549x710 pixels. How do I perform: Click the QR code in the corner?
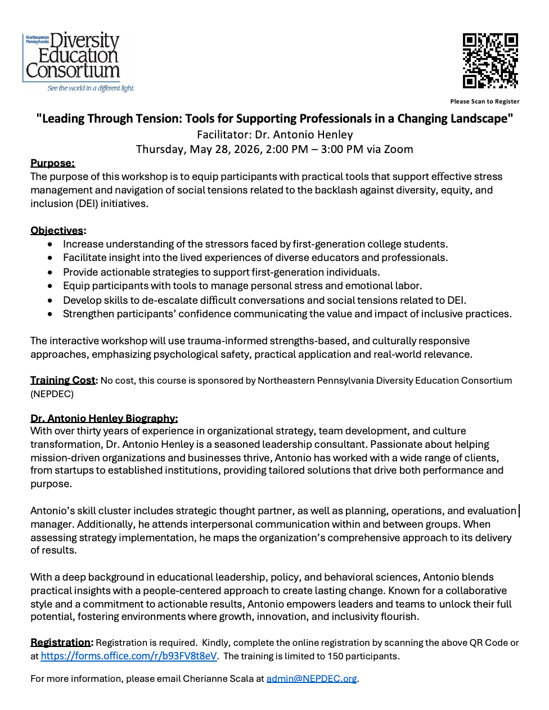pyautogui.click(x=490, y=61)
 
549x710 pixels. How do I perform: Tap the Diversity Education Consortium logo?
pyautogui.click(x=73, y=56)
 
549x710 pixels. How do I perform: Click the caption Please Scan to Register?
pyautogui.click(x=484, y=102)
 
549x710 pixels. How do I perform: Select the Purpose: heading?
pyautogui.click(x=52, y=163)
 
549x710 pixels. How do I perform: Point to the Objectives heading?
pyautogui.click(x=57, y=231)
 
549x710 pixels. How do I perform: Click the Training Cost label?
pyautogui.click(x=63, y=380)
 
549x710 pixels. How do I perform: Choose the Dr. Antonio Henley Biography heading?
pyautogui.click(x=104, y=418)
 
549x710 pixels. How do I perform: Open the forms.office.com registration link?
pyautogui.click(x=128, y=656)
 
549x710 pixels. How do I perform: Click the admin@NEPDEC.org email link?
pyautogui.click(x=311, y=678)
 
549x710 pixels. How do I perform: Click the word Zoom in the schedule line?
pyautogui.click(x=398, y=149)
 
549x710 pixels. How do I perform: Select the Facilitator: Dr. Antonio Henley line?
pyautogui.click(x=274, y=134)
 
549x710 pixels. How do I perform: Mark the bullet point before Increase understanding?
pyautogui.click(x=51, y=244)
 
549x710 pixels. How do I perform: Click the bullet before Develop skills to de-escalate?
pyautogui.click(x=51, y=300)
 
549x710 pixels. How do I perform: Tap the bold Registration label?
pyautogui.click(x=60, y=642)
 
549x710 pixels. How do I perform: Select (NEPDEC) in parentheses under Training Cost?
pyautogui.click(x=52, y=394)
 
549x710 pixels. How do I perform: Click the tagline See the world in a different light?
pyautogui.click(x=91, y=88)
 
